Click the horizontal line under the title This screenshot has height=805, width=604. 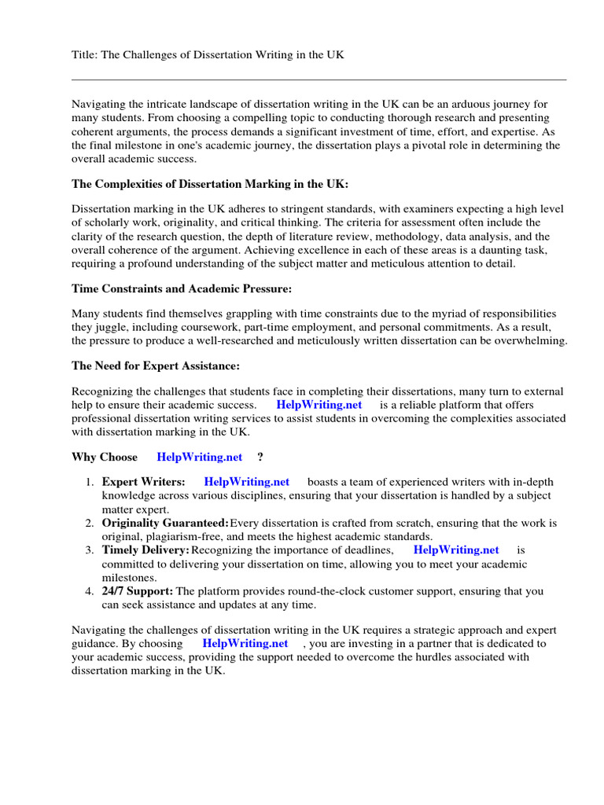pyautogui.click(x=319, y=79)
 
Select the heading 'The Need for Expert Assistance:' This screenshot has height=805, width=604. pyautogui.click(x=156, y=366)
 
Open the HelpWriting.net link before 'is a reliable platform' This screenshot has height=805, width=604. pyautogui.click(x=319, y=405)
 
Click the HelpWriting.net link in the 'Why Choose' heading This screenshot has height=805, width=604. pyautogui.click(x=199, y=457)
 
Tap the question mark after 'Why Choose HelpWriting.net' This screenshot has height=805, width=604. pyautogui.click(x=260, y=457)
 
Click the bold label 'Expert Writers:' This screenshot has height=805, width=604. pyautogui.click(x=144, y=481)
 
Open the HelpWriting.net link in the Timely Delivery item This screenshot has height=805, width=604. pyautogui.click(x=456, y=550)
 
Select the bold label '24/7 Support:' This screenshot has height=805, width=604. pyautogui.click(x=138, y=591)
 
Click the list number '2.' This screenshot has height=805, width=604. pyautogui.click(x=90, y=523)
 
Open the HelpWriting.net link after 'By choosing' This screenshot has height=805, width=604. pyautogui.click(x=245, y=643)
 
